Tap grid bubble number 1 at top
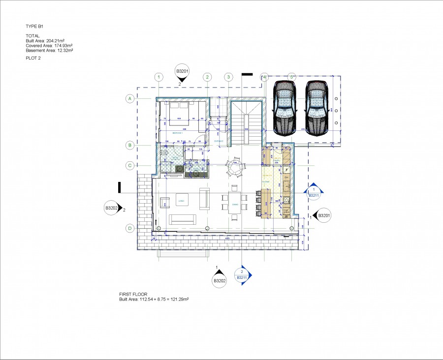[158, 77]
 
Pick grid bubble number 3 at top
[228, 77]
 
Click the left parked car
[284, 108]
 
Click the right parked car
[316, 108]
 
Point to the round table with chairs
[234, 168]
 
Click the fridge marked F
[286, 170]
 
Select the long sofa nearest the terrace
[183, 219]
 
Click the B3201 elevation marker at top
[182, 72]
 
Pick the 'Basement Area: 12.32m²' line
[49, 50]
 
